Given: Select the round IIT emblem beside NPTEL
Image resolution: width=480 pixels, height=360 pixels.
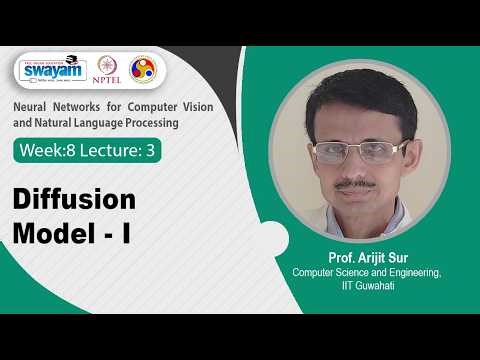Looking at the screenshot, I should tap(144, 69).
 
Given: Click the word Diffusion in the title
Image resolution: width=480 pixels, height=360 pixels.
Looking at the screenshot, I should tap(74, 200).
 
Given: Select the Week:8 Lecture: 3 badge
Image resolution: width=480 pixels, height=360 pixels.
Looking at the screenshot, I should tap(87, 151).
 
